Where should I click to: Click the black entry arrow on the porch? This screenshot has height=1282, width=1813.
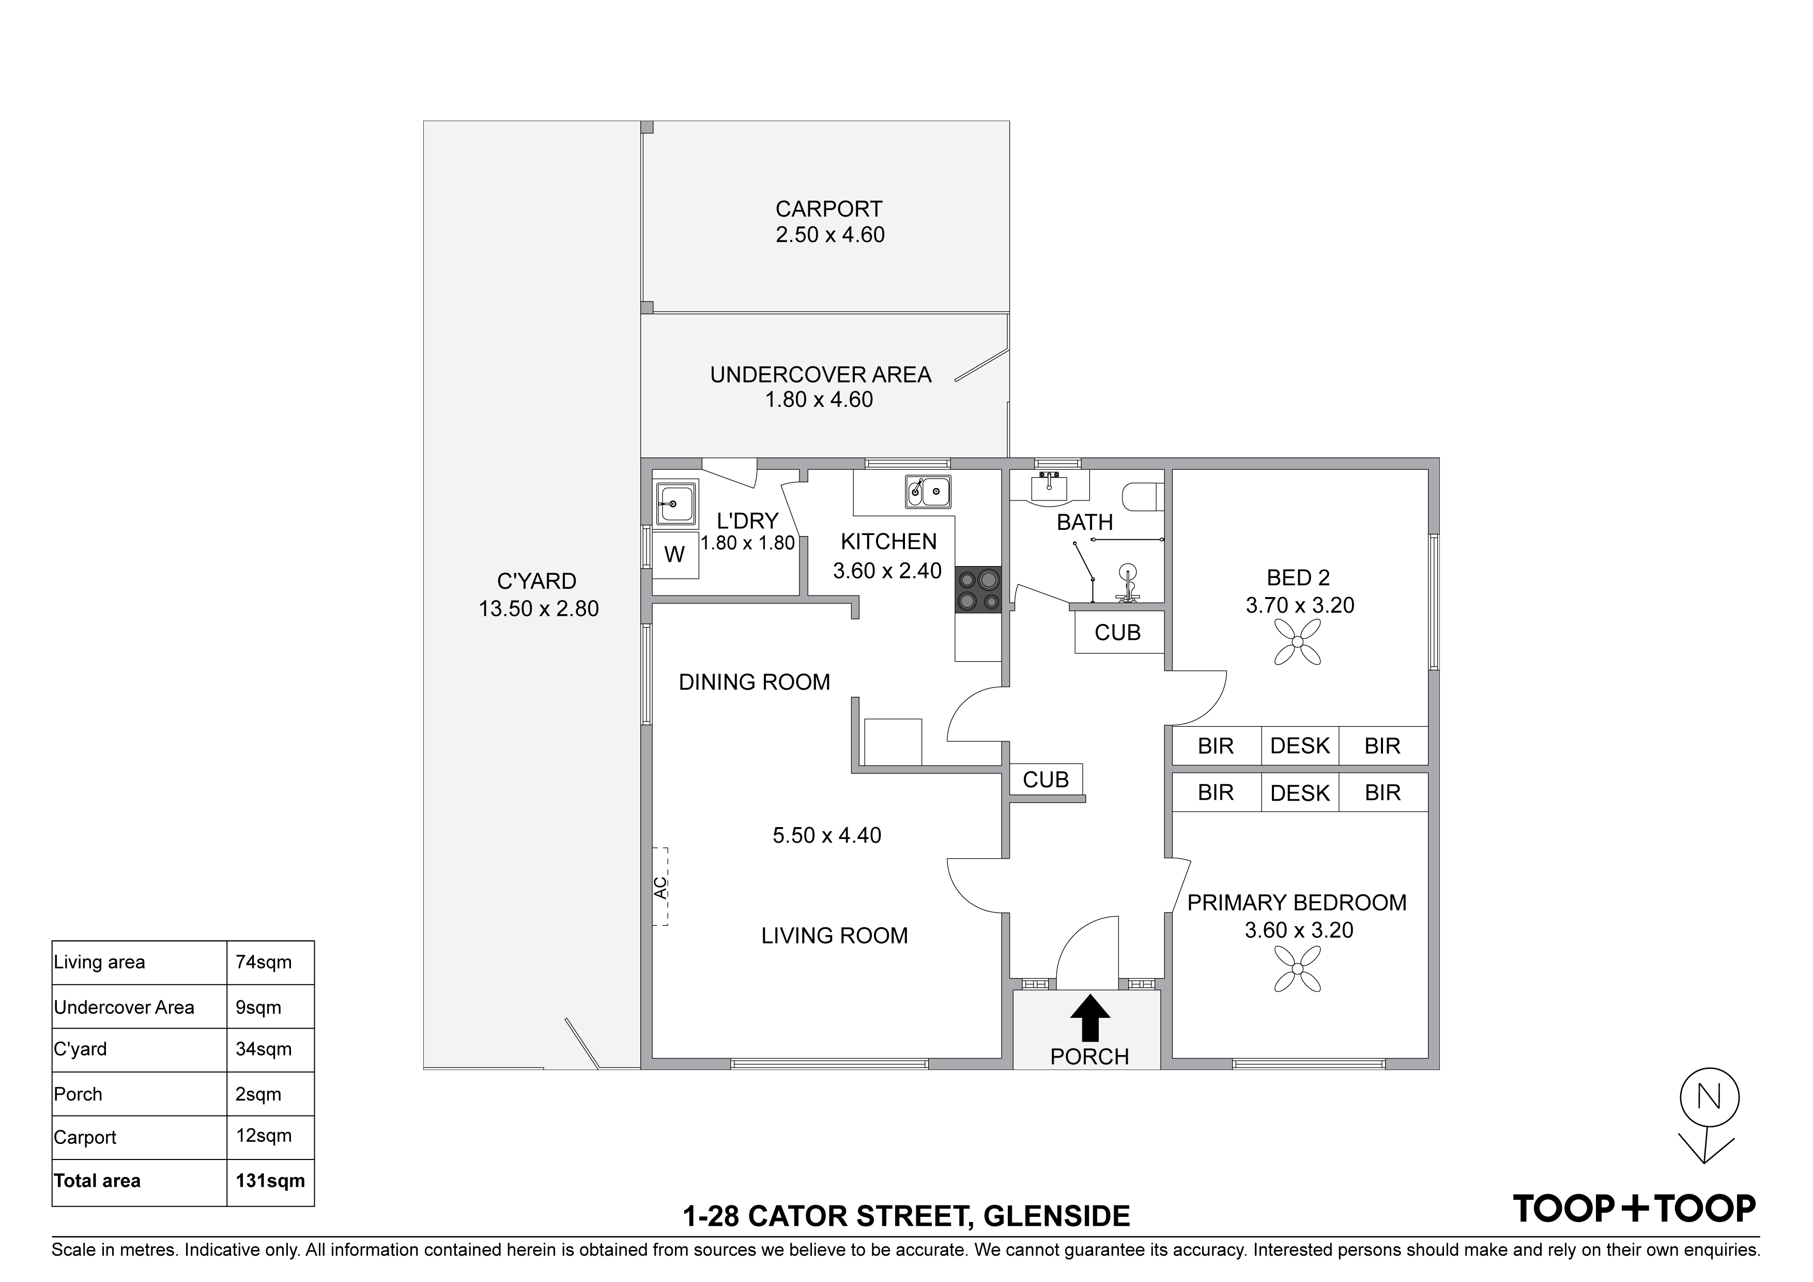click(x=1089, y=1017)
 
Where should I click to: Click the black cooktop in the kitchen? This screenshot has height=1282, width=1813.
click(x=978, y=589)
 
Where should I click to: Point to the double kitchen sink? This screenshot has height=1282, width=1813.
click(x=928, y=491)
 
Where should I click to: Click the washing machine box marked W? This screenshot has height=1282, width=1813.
click(x=674, y=555)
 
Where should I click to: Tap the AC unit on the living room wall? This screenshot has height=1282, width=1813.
click(x=660, y=886)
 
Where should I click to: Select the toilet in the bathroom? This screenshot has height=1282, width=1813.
click(x=1143, y=497)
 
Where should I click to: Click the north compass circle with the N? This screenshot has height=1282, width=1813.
click(x=1710, y=1096)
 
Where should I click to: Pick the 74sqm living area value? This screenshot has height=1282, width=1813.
click(x=264, y=962)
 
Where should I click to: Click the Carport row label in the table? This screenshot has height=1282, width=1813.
click(x=85, y=1137)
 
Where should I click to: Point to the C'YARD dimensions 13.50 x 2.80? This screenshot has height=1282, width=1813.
click(x=539, y=609)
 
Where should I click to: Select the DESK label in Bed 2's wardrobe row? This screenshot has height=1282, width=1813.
click(x=1300, y=745)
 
